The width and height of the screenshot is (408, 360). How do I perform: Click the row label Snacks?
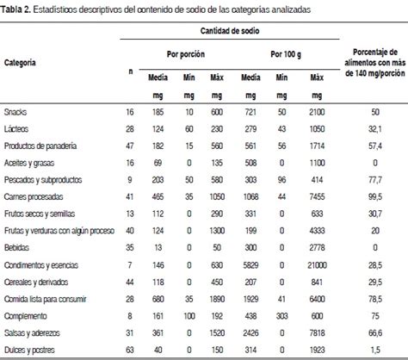(16, 113)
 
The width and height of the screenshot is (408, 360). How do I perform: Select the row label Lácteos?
(17, 127)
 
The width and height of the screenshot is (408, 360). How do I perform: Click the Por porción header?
(182, 54)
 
